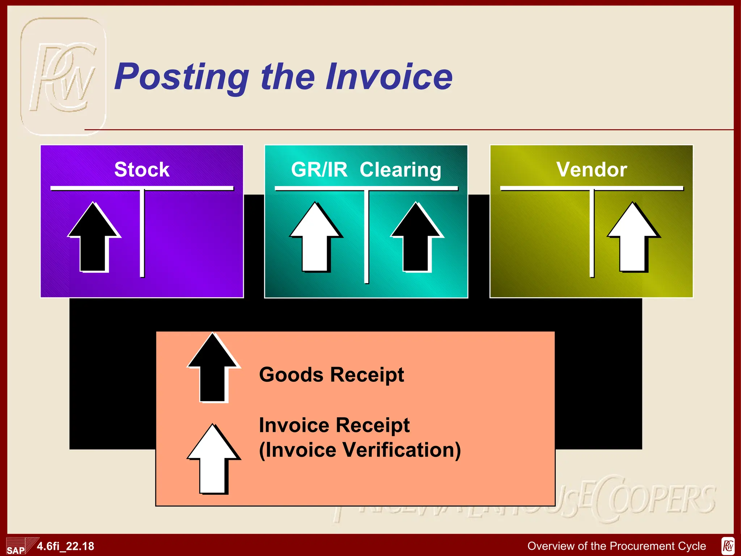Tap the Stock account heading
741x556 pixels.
coord(142,169)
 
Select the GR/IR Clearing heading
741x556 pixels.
coord(366,169)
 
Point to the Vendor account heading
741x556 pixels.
coord(592,169)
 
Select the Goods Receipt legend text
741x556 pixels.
coord(331,375)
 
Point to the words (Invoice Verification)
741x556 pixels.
coord(360,450)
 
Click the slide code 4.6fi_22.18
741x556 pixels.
coord(65,546)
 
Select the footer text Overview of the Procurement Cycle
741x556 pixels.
coord(617,546)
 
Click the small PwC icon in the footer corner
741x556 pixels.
coord(728,546)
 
